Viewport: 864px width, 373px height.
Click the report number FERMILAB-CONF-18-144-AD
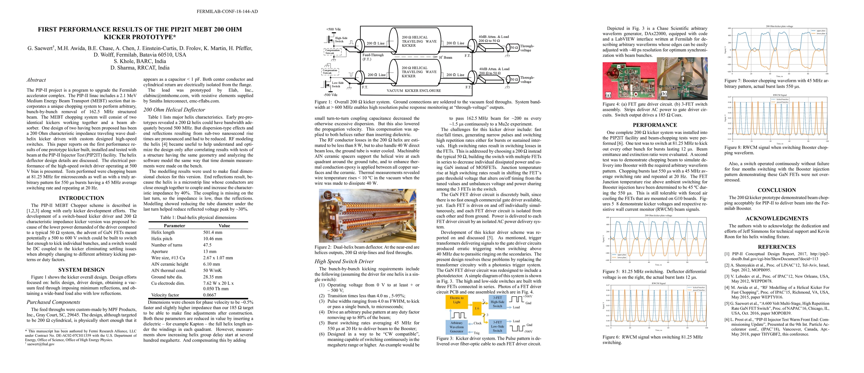pyautogui.click(x=227, y=12)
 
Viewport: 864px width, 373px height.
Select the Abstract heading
pyautogui.click(x=36, y=80)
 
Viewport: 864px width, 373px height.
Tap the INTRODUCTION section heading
pyautogui.click(x=81, y=198)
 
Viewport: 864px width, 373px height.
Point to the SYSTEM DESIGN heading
pyautogui.click(x=81, y=270)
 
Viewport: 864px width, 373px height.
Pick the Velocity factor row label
pyautogui.click(x=165, y=295)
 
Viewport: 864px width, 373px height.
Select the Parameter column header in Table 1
pyautogui.click(x=174, y=226)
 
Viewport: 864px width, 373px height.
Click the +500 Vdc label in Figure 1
pyautogui.click(x=333, y=29)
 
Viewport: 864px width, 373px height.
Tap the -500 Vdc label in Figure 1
pyautogui.click(x=331, y=94)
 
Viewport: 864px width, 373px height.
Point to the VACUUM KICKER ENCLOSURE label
pyautogui.click(x=414, y=90)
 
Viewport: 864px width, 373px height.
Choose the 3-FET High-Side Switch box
pyautogui.click(x=497, y=302)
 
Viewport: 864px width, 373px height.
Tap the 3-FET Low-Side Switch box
pyautogui.click(x=497, y=326)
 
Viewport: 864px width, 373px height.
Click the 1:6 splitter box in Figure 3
pyautogui.click(x=477, y=308)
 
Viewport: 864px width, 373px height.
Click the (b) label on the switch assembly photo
pyautogui.click(x=664, y=94)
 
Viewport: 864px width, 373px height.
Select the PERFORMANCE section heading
pyautogui.click(x=655, y=125)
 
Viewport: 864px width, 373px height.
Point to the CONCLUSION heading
pyautogui.click(x=776, y=190)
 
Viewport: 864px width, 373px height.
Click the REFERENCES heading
pyautogui.click(x=776, y=246)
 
